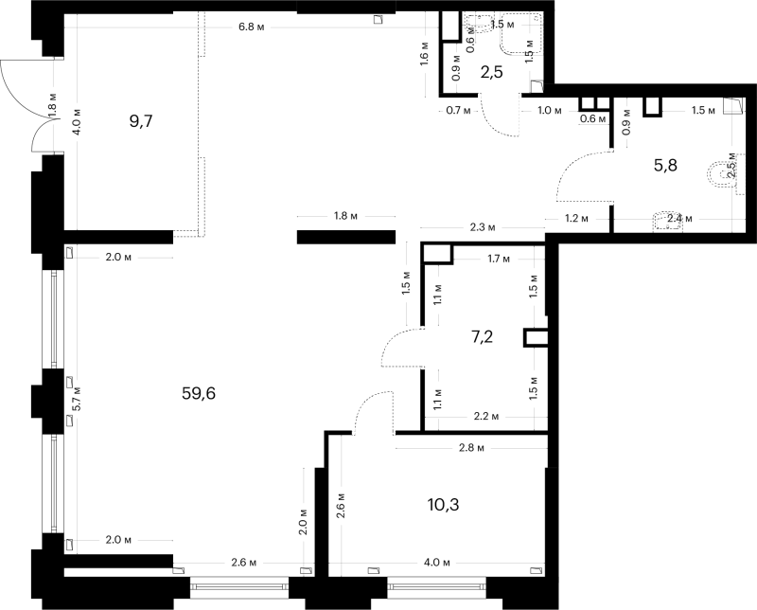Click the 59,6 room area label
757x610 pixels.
(199, 394)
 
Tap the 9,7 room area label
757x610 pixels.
(141, 121)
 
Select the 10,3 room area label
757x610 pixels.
(443, 505)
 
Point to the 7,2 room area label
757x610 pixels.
(482, 336)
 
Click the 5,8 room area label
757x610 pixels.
(666, 166)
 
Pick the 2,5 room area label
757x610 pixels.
(492, 72)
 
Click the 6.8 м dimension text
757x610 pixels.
(252, 27)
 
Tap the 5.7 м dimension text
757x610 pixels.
(78, 400)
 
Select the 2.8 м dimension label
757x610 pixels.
(471, 448)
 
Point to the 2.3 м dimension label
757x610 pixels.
(483, 227)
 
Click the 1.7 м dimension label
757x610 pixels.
(499, 260)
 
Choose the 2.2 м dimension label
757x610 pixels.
(486, 416)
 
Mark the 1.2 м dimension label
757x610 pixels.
(577, 219)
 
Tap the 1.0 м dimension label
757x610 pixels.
(550, 111)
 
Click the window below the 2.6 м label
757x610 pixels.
(239, 586)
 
